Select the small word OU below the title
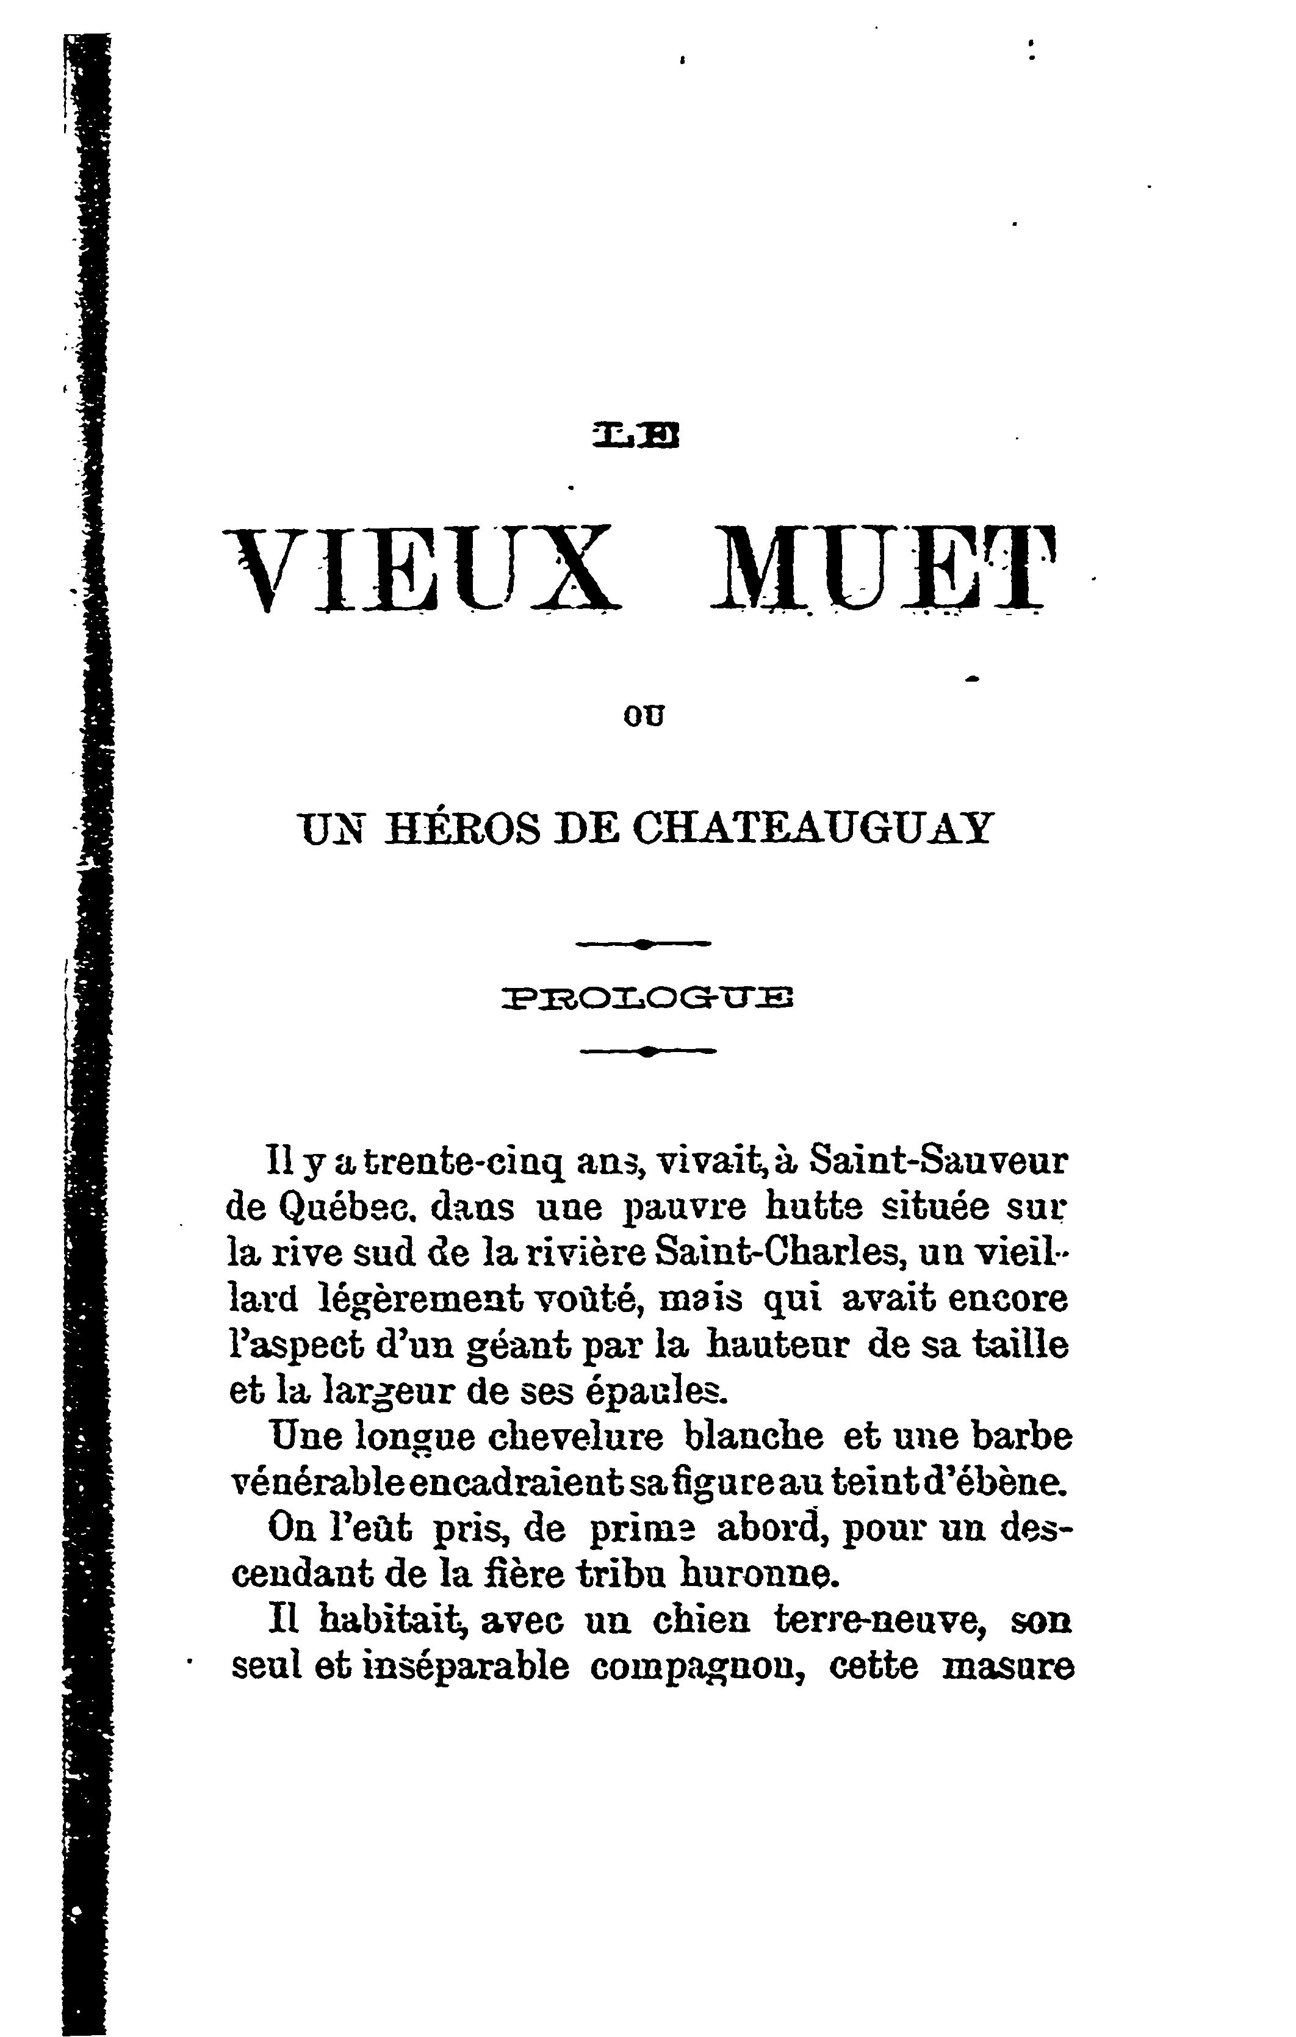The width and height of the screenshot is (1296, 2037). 644,716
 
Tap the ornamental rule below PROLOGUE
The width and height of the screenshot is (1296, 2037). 648,1051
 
